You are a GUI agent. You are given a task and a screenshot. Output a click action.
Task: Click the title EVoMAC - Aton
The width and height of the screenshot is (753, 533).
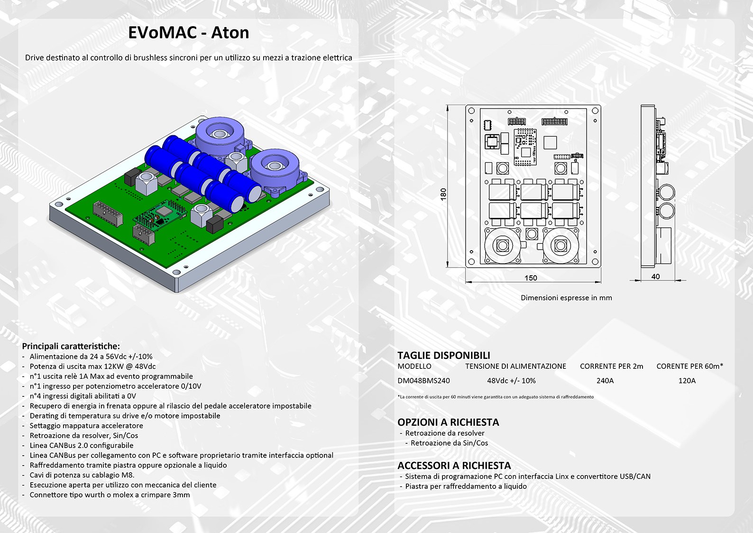(189, 33)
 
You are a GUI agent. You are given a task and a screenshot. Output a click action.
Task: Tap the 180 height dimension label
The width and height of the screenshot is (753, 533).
(443, 195)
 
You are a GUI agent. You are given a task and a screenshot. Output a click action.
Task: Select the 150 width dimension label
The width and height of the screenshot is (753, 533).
(531, 278)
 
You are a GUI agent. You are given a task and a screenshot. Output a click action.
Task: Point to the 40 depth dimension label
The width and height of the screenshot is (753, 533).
(655, 277)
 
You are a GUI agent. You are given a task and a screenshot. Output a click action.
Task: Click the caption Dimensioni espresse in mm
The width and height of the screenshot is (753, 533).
(567, 298)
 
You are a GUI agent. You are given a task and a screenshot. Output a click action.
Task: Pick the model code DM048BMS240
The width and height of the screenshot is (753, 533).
(423, 381)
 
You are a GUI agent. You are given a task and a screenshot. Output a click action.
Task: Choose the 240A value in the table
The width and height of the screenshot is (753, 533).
(605, 381)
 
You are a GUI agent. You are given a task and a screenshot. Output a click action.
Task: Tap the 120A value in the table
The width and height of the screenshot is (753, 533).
(687, 381)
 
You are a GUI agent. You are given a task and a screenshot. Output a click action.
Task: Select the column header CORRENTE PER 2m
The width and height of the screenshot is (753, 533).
(612, 366)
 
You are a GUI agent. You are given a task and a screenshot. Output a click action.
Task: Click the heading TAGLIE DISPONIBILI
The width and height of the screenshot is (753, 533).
(444, 355)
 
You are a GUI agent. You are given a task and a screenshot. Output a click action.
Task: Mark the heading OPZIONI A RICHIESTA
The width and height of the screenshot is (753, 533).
(448, 422)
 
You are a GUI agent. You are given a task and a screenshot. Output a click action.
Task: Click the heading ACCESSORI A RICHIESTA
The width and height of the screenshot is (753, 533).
(454, 466)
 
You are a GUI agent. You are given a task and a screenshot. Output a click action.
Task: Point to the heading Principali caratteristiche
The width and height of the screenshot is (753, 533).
(71, 346)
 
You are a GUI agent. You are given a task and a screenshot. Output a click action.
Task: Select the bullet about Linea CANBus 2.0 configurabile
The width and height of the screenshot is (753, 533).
(82, 446)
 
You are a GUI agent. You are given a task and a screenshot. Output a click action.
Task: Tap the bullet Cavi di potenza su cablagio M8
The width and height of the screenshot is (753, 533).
(82, 475)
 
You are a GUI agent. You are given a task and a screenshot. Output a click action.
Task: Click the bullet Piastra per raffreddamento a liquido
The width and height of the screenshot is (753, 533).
(466, 486)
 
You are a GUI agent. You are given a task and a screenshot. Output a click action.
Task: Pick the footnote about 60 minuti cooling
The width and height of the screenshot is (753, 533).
(496, 397)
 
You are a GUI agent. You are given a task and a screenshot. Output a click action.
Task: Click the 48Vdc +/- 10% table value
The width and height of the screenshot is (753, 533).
(511, 381)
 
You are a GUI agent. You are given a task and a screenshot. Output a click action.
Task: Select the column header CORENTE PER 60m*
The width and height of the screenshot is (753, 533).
(690, 366)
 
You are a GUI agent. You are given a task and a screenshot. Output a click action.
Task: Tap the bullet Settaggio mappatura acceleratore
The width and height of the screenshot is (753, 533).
(86, 426)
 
